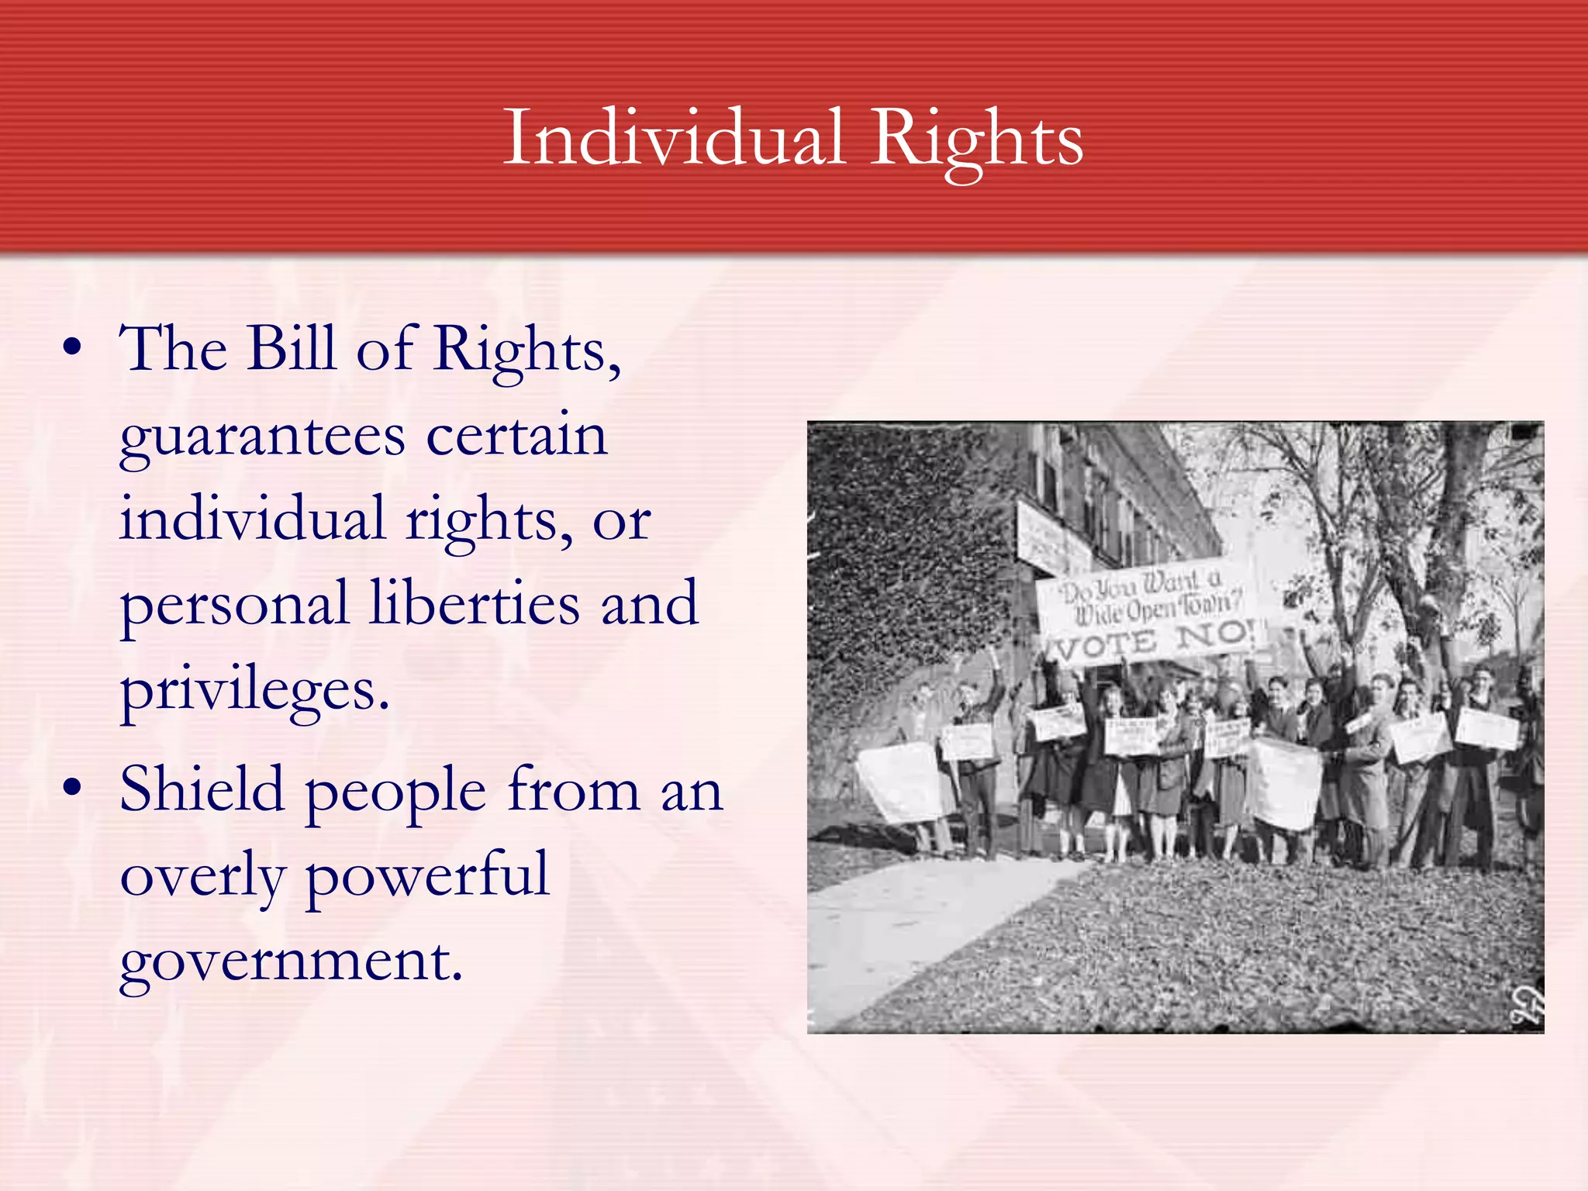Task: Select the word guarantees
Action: click(x=262, y=436)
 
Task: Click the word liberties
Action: click(x=475, y=603)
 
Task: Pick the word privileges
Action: click(x=254, y=690)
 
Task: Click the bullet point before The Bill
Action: click(x=72, y=349)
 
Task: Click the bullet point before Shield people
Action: click(x=72, y=788)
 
